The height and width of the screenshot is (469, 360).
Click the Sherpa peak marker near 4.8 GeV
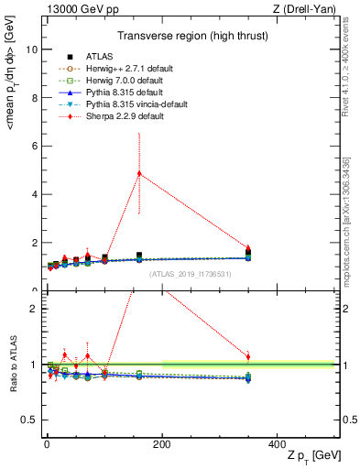point(139,173)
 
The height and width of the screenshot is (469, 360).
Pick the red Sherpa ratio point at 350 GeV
point(248,356)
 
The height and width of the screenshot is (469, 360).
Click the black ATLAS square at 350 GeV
point(248,253)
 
